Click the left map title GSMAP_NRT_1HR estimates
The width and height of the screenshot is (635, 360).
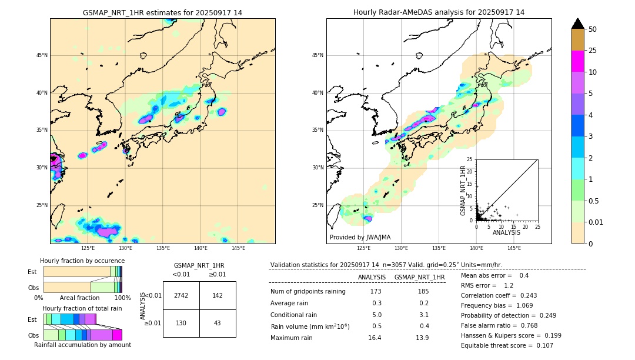click(162, 12)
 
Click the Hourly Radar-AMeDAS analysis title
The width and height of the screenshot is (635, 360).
click(439, 12)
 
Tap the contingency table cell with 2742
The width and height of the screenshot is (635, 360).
click(181, 295)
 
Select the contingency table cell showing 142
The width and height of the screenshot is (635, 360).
click(218, 295)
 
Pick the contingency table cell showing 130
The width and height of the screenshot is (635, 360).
click(181, 323)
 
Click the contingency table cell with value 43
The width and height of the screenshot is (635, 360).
click(218, 323)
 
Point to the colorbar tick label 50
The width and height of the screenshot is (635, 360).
click(593, 29)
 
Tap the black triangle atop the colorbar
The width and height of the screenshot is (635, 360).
click(577, 24)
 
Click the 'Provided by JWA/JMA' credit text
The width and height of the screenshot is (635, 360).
click(360, 237)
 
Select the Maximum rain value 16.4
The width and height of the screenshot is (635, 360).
click(375, 338)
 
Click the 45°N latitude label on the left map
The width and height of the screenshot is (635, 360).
click(42, 55)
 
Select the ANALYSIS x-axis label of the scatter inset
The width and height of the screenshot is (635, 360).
click(506, 233)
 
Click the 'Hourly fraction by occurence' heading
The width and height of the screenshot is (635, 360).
click(82, 261)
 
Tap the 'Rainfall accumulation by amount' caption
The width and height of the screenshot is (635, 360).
click(82, 345)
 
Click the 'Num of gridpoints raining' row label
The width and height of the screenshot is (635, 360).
click(308, 292)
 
